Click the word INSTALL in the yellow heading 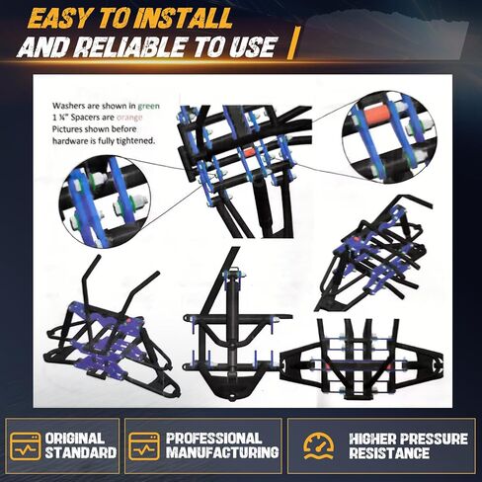pos(181,18)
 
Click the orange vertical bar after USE pos(292,43)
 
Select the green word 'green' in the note pos(149,107)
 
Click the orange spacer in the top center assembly pos(250,152)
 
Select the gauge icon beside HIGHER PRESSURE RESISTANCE pos(318,445)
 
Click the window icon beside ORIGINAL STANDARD pos(26,446)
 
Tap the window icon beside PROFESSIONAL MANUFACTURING pos(144,446)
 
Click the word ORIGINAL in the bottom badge pos(74,439)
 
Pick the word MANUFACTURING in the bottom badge pos(222,452)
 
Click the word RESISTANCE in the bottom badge pos(389,452)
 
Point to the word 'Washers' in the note pos(67,106)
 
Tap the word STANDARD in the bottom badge pos(81,452)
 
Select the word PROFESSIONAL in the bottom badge pos(214,439)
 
